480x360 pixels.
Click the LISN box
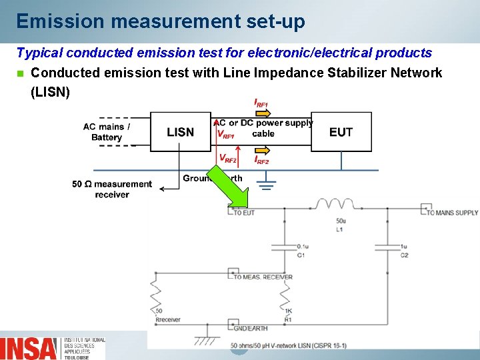pyautogui.click(x=181, y=132)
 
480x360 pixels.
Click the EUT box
pyautogui.click(x=341, y=132)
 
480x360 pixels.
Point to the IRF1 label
pyautogui.click(x=261, y=103)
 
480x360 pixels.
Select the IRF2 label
pyautogui.click(x=261, y=161)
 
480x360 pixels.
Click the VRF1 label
pyautogui.click(x=227, y=135)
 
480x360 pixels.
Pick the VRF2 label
pyautogui.click(x=228, y=159)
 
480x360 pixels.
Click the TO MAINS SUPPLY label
pyautogui.click(x=452, y=213)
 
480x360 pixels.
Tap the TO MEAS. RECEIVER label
pyautogui.click(x=263, y=277)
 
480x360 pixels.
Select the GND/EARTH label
pyautogui.click(x=250, y=327)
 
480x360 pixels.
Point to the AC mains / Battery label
pyautogui.click(x=107, y=132)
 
